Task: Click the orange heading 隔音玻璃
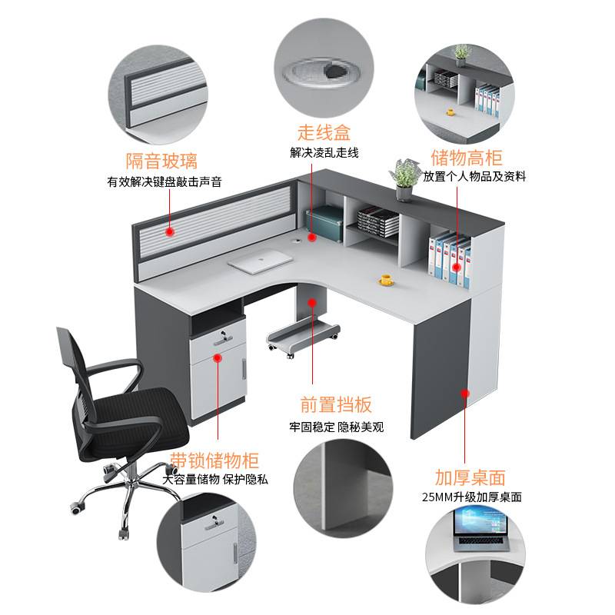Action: pos(162,161)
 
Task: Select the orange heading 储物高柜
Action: pos(467,158)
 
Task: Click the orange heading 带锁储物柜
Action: pos(214,460)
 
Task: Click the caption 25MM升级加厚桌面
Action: pos(471,497)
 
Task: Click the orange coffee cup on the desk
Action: pos(387,279)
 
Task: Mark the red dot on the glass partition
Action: pos(168,230)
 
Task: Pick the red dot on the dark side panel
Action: pos(466,394)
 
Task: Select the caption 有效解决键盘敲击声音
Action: pos(164,182)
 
